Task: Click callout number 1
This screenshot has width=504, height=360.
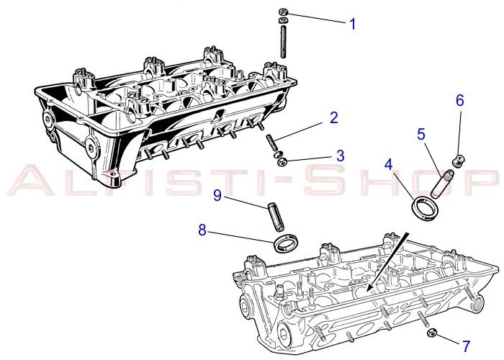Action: click(x=353, y=24)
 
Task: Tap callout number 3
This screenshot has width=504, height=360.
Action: click(x=340, y=155)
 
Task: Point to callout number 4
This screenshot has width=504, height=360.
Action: click(x=388, y=163)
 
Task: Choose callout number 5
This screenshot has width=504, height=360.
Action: click(x=421, y=134)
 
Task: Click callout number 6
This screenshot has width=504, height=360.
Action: click(x=459, y=101)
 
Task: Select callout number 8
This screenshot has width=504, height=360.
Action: click(x=202, y=231)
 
